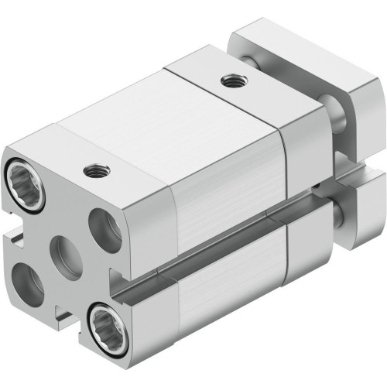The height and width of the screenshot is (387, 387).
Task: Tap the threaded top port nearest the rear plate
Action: pos(229,79)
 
